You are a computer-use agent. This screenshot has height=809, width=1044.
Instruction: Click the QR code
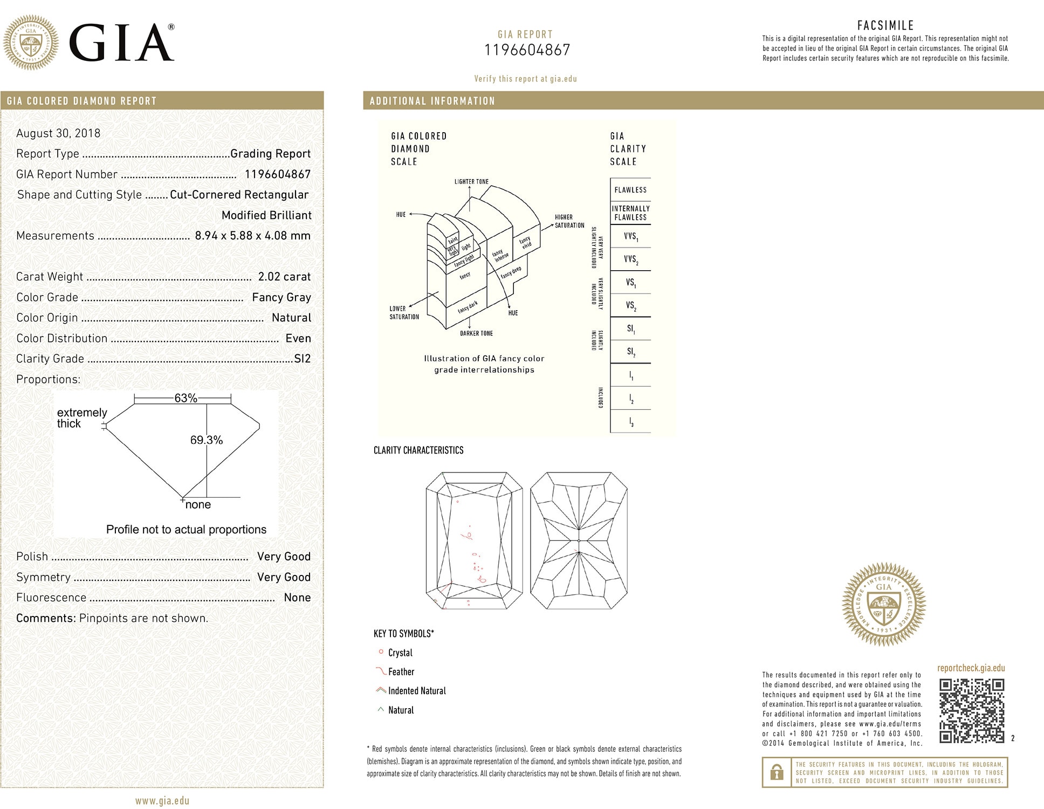pos(971,710)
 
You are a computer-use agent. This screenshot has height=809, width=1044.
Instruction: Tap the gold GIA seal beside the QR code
pos(883,604)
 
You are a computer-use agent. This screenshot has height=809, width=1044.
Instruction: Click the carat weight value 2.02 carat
pos(284,277)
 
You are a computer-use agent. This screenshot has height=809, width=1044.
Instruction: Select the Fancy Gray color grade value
pos(281,297)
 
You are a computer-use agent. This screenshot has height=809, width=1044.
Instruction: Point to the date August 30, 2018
pos(58,133)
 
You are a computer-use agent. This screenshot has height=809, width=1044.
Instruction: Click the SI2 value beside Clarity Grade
pos(303,359)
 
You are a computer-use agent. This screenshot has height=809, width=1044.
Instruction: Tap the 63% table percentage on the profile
pos(186,398)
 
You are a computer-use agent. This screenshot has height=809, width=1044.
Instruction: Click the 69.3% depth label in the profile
pos(206,440)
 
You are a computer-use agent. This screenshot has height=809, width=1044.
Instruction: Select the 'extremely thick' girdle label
pos(81,418)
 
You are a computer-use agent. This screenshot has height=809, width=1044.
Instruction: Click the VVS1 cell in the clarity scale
pos(630,236)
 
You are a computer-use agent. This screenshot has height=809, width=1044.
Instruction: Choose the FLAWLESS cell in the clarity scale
pos(630,190)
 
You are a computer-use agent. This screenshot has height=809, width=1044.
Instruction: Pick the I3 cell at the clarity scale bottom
pos(630,422)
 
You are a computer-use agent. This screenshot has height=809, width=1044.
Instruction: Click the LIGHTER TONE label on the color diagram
pos(471,182)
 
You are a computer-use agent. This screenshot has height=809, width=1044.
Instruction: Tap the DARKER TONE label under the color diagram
pos(476,333)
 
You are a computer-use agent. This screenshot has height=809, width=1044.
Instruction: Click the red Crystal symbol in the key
pos(381,652)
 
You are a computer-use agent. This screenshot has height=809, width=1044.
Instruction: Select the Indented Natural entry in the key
pos(416,691)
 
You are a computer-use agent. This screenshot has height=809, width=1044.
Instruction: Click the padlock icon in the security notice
pos(777,772)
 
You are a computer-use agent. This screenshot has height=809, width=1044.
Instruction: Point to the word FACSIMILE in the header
pos(885,25)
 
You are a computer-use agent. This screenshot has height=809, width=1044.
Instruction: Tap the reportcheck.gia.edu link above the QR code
pos(971,668)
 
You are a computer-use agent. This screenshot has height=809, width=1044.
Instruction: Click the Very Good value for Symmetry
pos(284,577)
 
